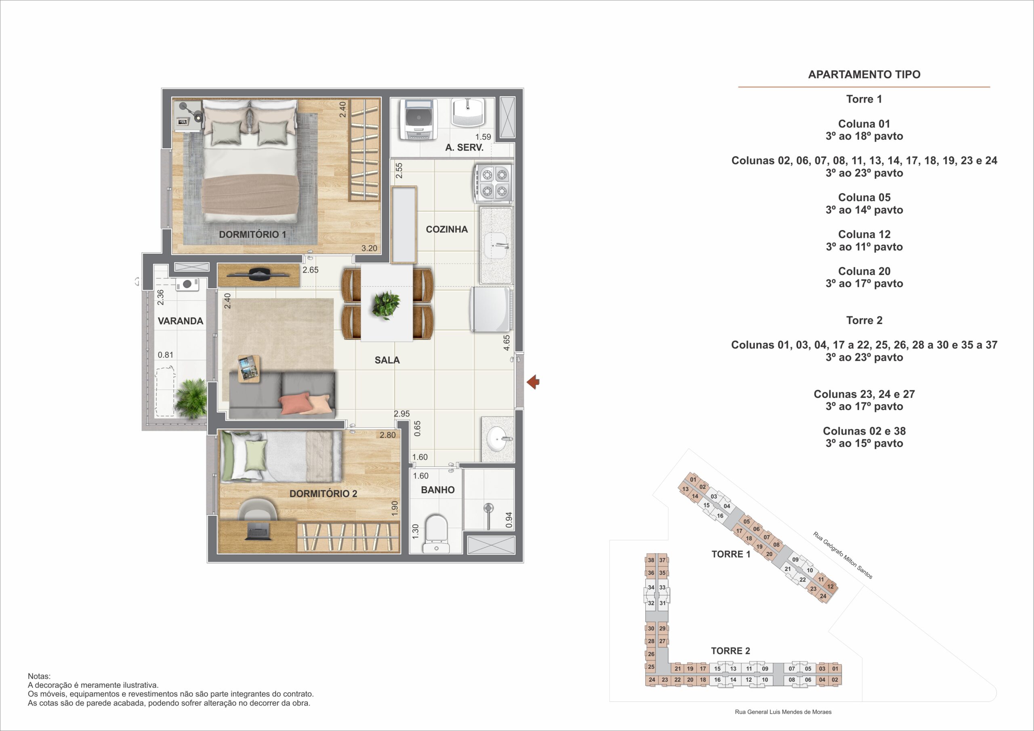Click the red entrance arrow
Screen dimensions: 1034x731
tap(533, 382)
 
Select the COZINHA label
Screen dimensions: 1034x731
tap(447, 229)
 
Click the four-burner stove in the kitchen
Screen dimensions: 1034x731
tap(493, 183)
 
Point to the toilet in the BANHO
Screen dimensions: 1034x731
tap(436, 534)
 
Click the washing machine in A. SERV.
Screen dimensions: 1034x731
tap(419, 120)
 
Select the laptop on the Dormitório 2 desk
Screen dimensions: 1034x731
tap(258, 532)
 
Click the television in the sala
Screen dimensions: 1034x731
tap(258, 274)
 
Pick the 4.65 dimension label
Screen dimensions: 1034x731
tap(506, 343)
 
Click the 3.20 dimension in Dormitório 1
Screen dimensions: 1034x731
tap(369, 248)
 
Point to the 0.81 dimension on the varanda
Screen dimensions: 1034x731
tap(165, 355)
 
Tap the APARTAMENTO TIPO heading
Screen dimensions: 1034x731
tap(864, 74)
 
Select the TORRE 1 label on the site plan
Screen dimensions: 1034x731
tap(731, 554)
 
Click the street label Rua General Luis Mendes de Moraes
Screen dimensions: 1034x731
tap(783, 712)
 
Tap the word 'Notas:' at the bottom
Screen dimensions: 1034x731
tap(39, 676)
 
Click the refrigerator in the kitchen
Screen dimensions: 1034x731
tap(491, 309)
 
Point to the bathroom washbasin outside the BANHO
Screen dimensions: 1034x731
tap(498, 438)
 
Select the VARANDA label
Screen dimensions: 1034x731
tap(181, 321)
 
